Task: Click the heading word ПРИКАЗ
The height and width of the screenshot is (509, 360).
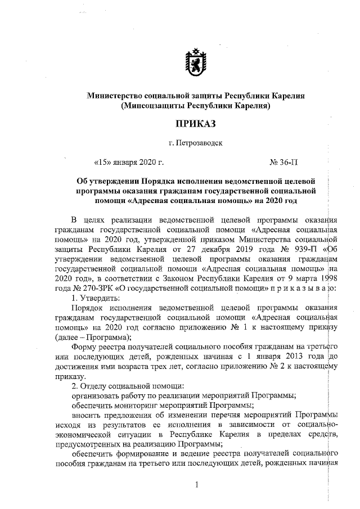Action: click(195, 123)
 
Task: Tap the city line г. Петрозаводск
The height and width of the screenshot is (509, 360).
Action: click(195, 143)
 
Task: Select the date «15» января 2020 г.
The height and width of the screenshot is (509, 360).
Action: click(129, 163)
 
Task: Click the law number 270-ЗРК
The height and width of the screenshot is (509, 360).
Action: click(86, 287)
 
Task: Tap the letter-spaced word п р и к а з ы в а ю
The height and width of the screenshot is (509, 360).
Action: click(303, 287)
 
